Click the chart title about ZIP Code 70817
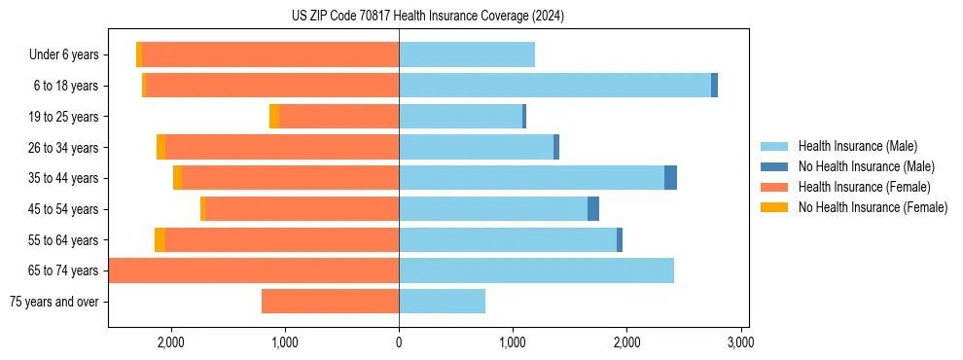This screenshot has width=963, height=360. point(428,17)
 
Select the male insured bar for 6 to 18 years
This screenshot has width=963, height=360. point(554,86)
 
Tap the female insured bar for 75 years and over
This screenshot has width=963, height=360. point(330,302)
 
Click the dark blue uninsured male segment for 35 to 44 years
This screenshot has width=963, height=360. point(670,178)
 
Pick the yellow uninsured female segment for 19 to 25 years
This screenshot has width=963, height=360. point(274,117)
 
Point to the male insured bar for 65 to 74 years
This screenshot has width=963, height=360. point(536,270)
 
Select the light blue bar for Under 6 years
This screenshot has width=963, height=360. point(467,54)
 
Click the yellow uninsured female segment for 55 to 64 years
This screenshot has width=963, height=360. point(160,240)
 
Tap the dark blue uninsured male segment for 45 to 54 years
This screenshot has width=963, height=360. point(593,209)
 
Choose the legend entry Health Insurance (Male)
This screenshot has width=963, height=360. point(857,147)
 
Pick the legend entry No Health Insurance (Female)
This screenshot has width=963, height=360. point(873,207)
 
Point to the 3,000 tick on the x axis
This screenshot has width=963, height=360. point(740,342)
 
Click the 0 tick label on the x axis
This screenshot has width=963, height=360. point(399,342)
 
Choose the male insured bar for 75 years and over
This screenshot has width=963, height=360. point(442,302)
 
